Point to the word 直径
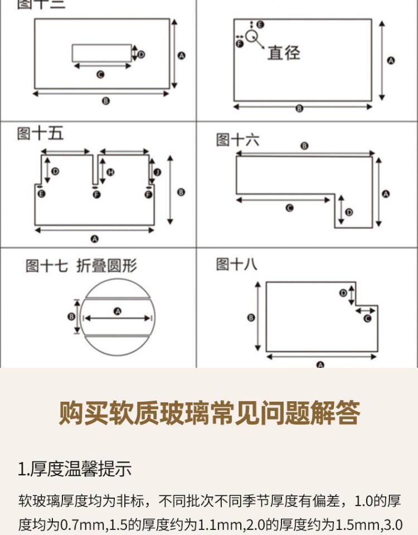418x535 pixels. (x=283, y=53)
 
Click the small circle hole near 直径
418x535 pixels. (x=251, y=36)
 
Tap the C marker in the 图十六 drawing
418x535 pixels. (x=289, y=208)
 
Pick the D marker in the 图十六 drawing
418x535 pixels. (x=349, y=212)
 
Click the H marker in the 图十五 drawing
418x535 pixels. (x=110, y=172)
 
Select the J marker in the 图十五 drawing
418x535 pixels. (x=157, y=173)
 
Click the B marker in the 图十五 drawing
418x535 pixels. (x=181, y=192)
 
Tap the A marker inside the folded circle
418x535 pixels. (x=117, y=311)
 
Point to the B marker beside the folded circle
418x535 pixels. (x=71, y=316)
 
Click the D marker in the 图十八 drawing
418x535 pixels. (x=343, y=293)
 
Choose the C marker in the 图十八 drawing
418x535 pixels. (x=367, y=318)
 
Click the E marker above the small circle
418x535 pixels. (x=260, y=24)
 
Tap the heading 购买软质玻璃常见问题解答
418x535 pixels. (x=209, y=413)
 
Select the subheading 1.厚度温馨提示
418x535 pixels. (x=75, y=469)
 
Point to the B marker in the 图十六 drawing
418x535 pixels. (x=304, y=145)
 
